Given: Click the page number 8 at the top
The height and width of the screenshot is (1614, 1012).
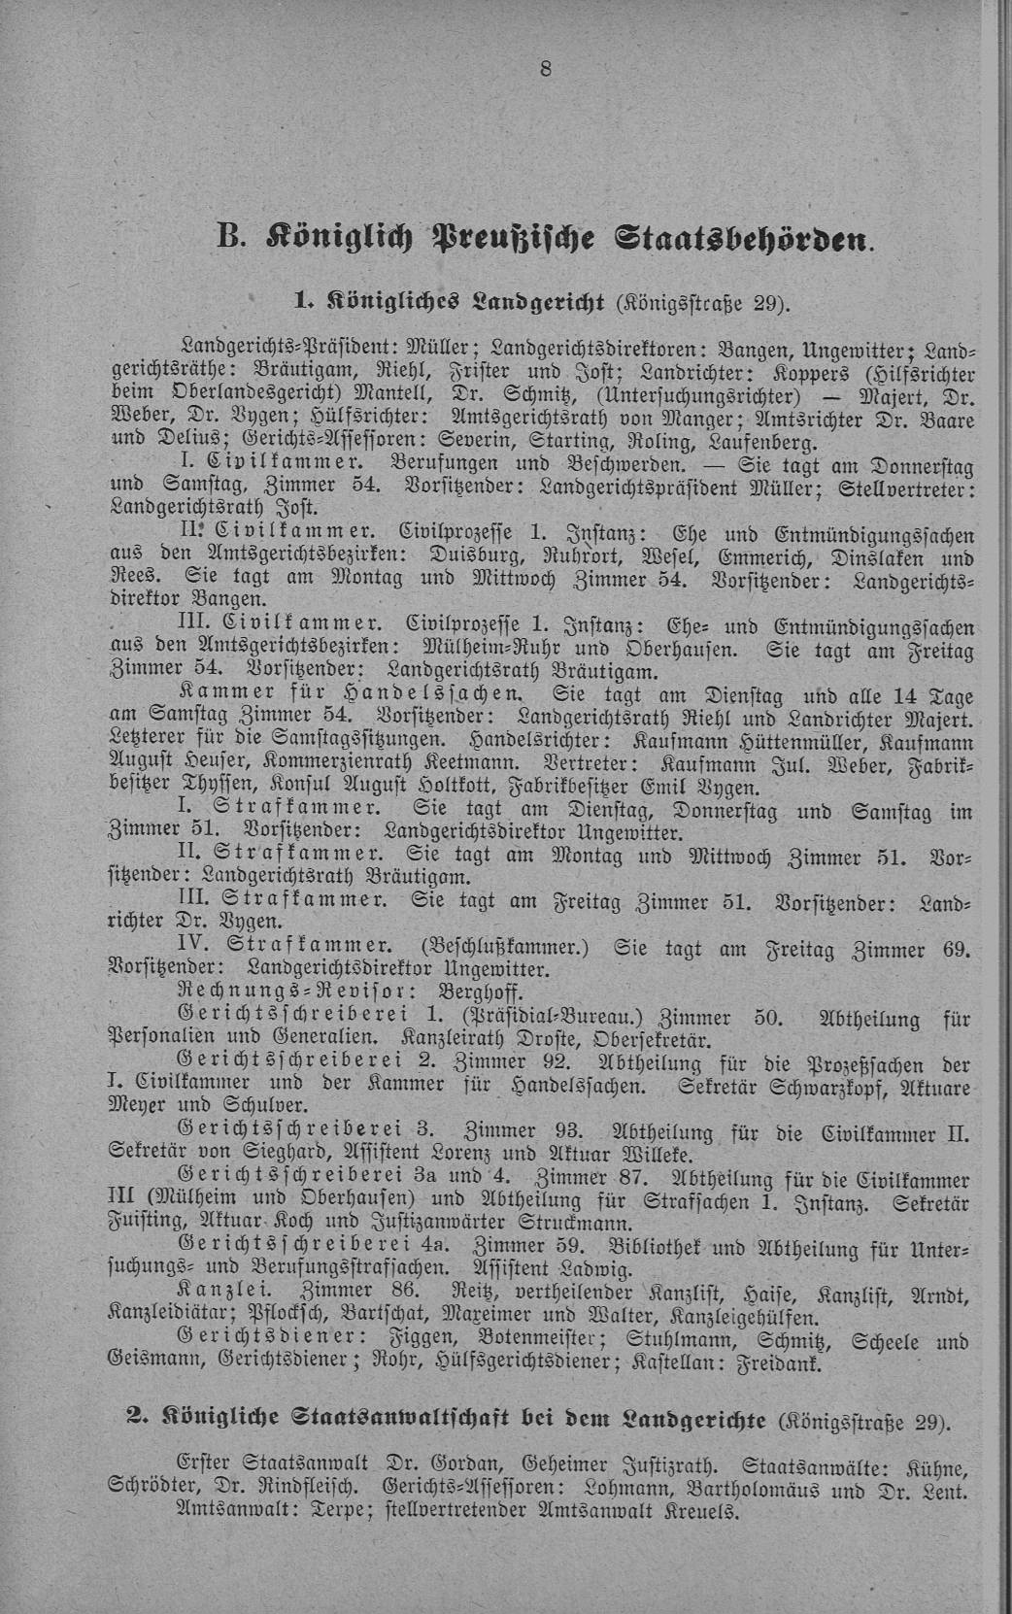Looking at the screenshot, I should (x=545, y=69).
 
